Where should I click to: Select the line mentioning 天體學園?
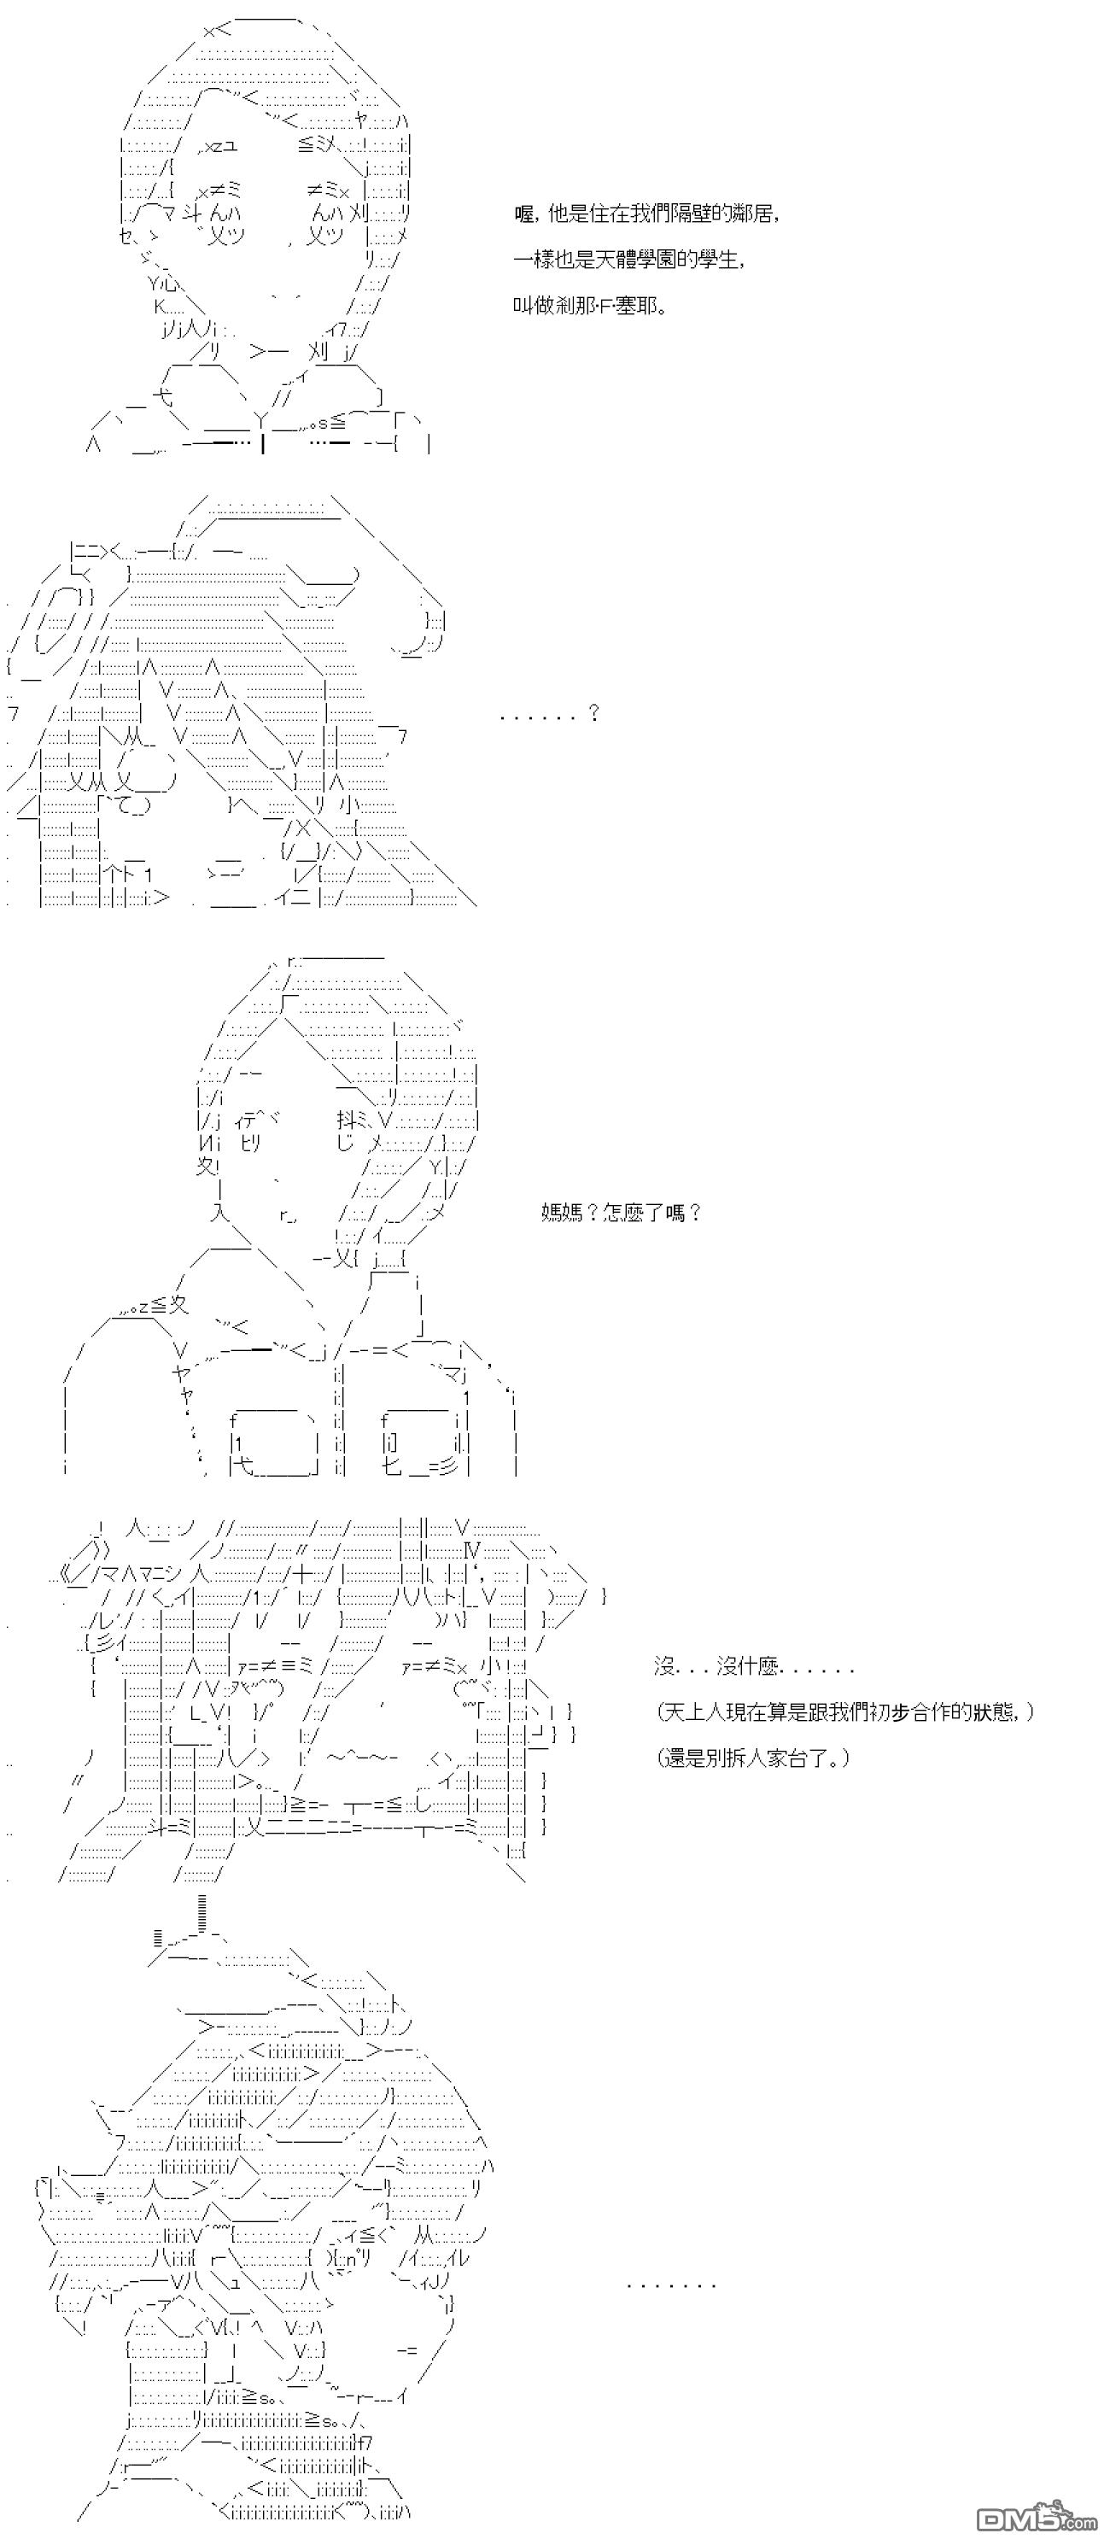(628, 260)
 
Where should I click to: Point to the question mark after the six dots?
(593, 712)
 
